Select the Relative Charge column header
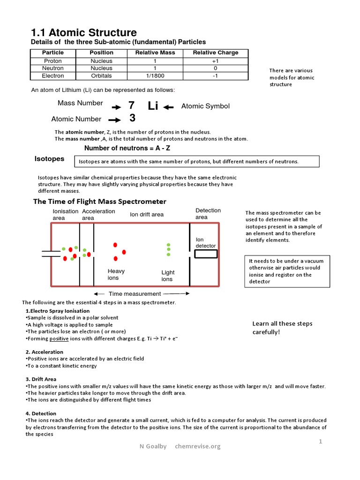215,52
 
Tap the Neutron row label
52,68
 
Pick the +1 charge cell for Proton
215,61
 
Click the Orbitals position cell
101,75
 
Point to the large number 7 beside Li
131,105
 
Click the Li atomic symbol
153,106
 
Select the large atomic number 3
132,118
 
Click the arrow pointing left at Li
169,107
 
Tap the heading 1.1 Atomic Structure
83,32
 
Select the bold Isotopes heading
49,159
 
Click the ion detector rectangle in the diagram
206,254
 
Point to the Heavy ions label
116,274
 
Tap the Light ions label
167,276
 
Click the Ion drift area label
147,214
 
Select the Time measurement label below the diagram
135,294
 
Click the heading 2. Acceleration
44,352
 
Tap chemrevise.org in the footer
197,446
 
